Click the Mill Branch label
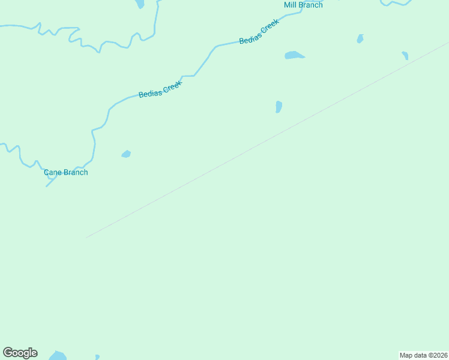click(303, 5)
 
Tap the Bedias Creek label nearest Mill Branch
click(259, 32)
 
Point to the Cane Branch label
click(66, 173)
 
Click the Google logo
click(20, 353)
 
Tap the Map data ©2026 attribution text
click(423, 355)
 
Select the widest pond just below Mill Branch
click(294, 55)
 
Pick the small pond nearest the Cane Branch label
click(126, 154)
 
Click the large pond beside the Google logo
click(57, 356)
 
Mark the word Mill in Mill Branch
click(291, 5)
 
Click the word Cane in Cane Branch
click(53, 173)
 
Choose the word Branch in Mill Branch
click(311, 5)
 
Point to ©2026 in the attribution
click(436, 355)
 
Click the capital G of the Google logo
click(8, 353)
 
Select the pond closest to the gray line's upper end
click(405, 55)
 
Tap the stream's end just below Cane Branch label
click(47, 186)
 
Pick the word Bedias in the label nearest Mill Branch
click(250, 37)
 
